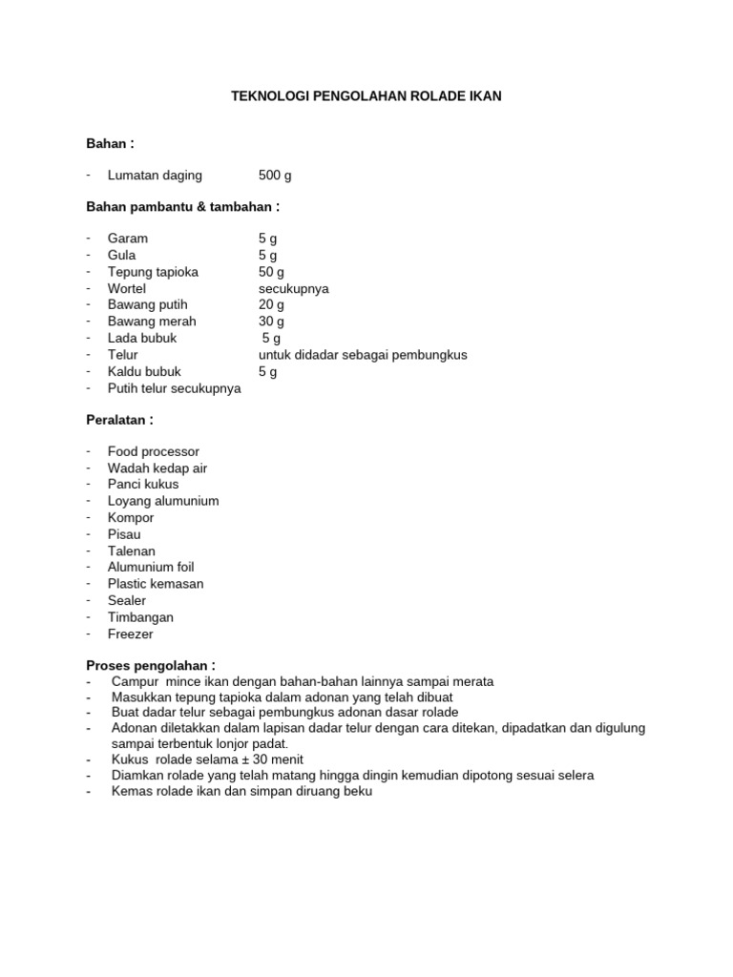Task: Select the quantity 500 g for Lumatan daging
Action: [276, 176]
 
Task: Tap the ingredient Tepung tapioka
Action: [153, 272]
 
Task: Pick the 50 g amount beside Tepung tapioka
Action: [272, 272]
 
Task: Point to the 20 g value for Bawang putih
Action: [272, 304]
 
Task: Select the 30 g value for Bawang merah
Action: [272, 322]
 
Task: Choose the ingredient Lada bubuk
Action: [142, 338]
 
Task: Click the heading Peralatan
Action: [119, 420]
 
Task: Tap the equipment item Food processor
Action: [154, 451]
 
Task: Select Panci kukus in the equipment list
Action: [143, 484]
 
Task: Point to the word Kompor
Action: [131, 517]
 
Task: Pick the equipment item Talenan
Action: [132, 551]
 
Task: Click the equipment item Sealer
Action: [127, 600]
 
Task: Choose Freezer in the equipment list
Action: [131, 634]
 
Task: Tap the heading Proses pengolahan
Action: [151, 665]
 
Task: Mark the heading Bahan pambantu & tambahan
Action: [182, 206]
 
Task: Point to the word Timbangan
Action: [141, 617]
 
